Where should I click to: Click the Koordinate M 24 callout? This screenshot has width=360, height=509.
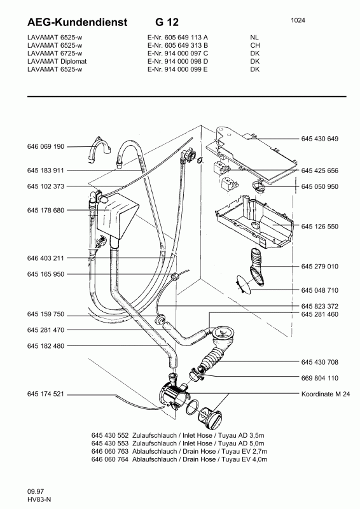[x=324, y=394]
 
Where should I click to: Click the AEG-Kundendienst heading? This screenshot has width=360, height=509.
[x=69, y=22]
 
